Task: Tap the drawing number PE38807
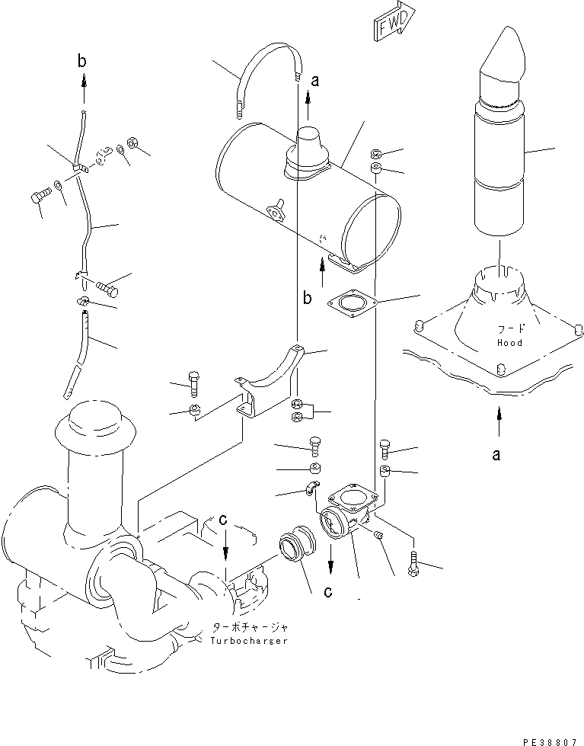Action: point(552,739)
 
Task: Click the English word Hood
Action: point(509,343)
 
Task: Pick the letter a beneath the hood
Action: point(496,455)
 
